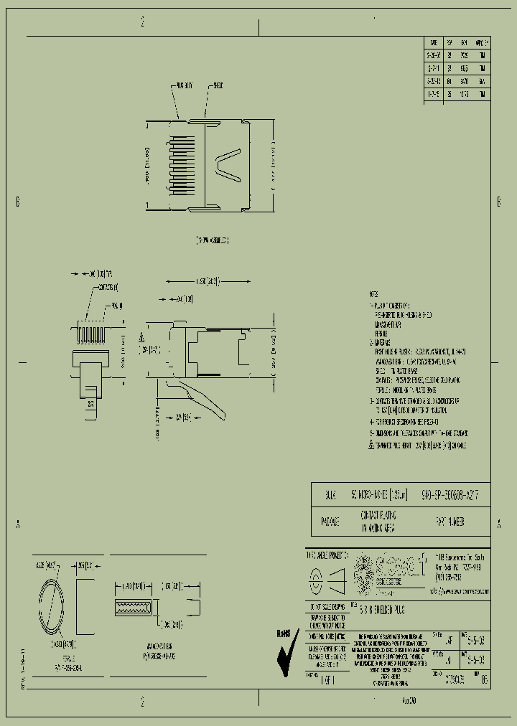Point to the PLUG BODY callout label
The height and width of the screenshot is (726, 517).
tap(184, 85)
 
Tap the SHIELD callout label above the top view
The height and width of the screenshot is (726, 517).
tap(218, 85)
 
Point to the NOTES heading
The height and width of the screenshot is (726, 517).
tap(373, 295)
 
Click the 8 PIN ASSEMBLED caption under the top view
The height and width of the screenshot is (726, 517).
tap(213, 240)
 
